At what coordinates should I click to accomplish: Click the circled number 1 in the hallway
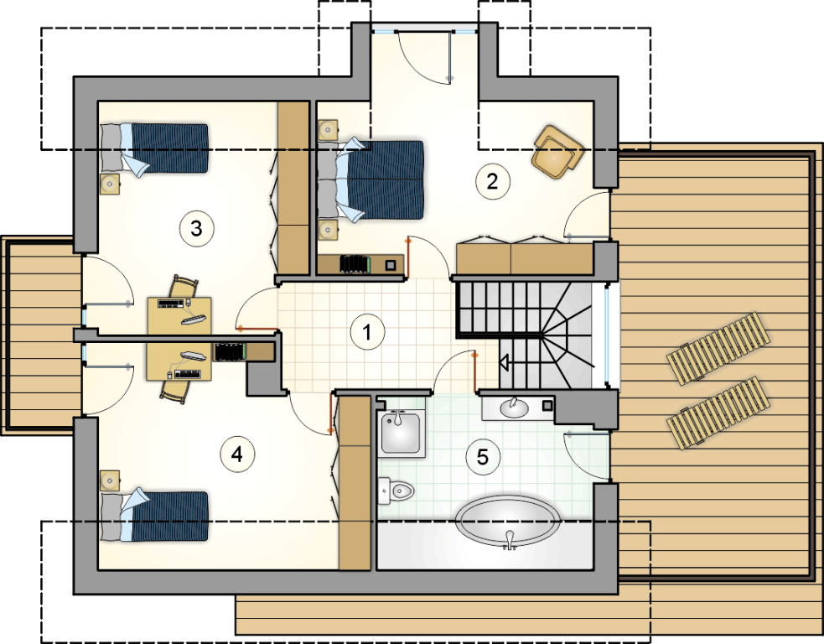(367, 332)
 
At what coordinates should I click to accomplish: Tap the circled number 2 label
(492, 181)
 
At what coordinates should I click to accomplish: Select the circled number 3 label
(196, 228)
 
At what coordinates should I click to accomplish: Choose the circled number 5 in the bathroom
(483, 457)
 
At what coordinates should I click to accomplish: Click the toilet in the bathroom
(396, 491)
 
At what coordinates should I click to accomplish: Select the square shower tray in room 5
(400, 434)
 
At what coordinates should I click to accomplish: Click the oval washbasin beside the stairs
(514, 408)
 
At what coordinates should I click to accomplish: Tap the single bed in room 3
(154, 148)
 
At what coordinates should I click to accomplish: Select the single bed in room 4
(154, 516)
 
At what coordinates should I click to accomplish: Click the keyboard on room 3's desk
(171, 304)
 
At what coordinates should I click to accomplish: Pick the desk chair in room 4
(175, 392)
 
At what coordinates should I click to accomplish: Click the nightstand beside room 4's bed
(109, 480)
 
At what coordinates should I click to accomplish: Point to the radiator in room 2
(355, 264)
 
